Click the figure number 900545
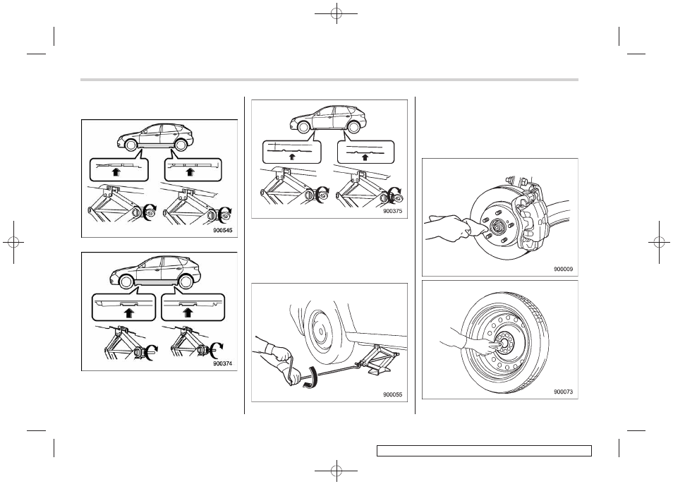click(222, 231)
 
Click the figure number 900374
click(222, 363)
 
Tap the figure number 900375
click(392, 211)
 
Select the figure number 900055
click(392, 395)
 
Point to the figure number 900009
click(563, 269)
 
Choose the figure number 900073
click(563, 392)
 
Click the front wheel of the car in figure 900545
click(127, 145)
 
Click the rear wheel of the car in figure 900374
click(186, 282)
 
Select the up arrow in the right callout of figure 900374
click(187, 312)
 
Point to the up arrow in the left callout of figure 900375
click(292, 156)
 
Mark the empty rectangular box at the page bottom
click(484, 451)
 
